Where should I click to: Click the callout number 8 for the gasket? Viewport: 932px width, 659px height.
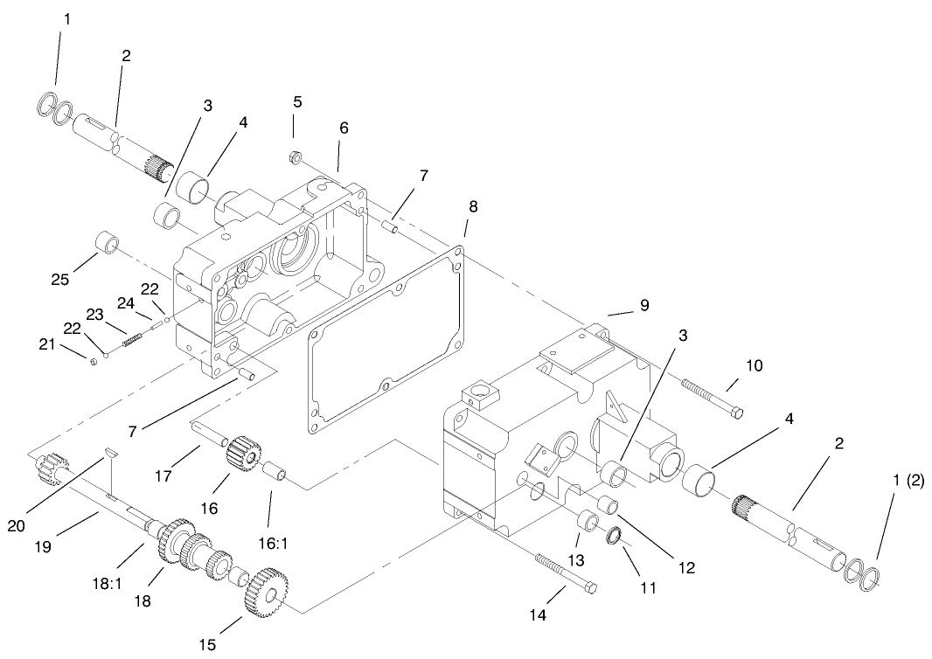(x=472, y=208)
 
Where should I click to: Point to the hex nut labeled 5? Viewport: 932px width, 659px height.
(x=296, y=159)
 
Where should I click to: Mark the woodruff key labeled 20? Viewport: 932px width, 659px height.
(x=109, y=452)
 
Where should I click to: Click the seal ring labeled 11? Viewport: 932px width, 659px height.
(x=615, y=534)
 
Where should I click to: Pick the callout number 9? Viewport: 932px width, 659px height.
(x=643, y=306)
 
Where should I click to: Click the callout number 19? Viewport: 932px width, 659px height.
(x=44, y=547)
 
